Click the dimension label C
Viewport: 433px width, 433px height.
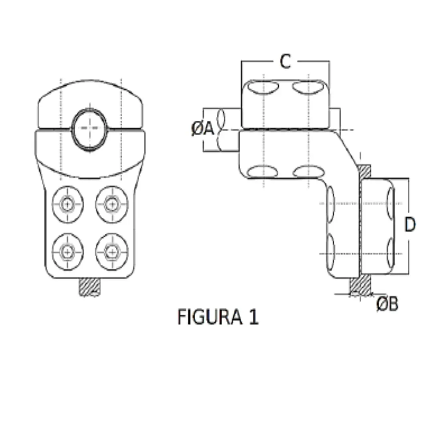(x=285, y=62)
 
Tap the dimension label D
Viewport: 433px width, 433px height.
(x=409, y=225)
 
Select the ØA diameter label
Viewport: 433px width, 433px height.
(x=203, y=129)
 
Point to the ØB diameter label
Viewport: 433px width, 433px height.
(x=387, y=304)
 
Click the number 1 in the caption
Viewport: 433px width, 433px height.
(x=253, y=317)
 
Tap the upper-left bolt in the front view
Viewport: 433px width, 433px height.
(x=68, y=204)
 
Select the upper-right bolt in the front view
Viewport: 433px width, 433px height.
(x=111, y=204)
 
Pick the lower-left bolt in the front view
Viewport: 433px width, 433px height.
(x=68, y=252)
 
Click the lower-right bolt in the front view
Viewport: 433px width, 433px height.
(x=111, y=252)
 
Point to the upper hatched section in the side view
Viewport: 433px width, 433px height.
(x=364, y=172)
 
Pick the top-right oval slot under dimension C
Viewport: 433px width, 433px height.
(x=308, y=87)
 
